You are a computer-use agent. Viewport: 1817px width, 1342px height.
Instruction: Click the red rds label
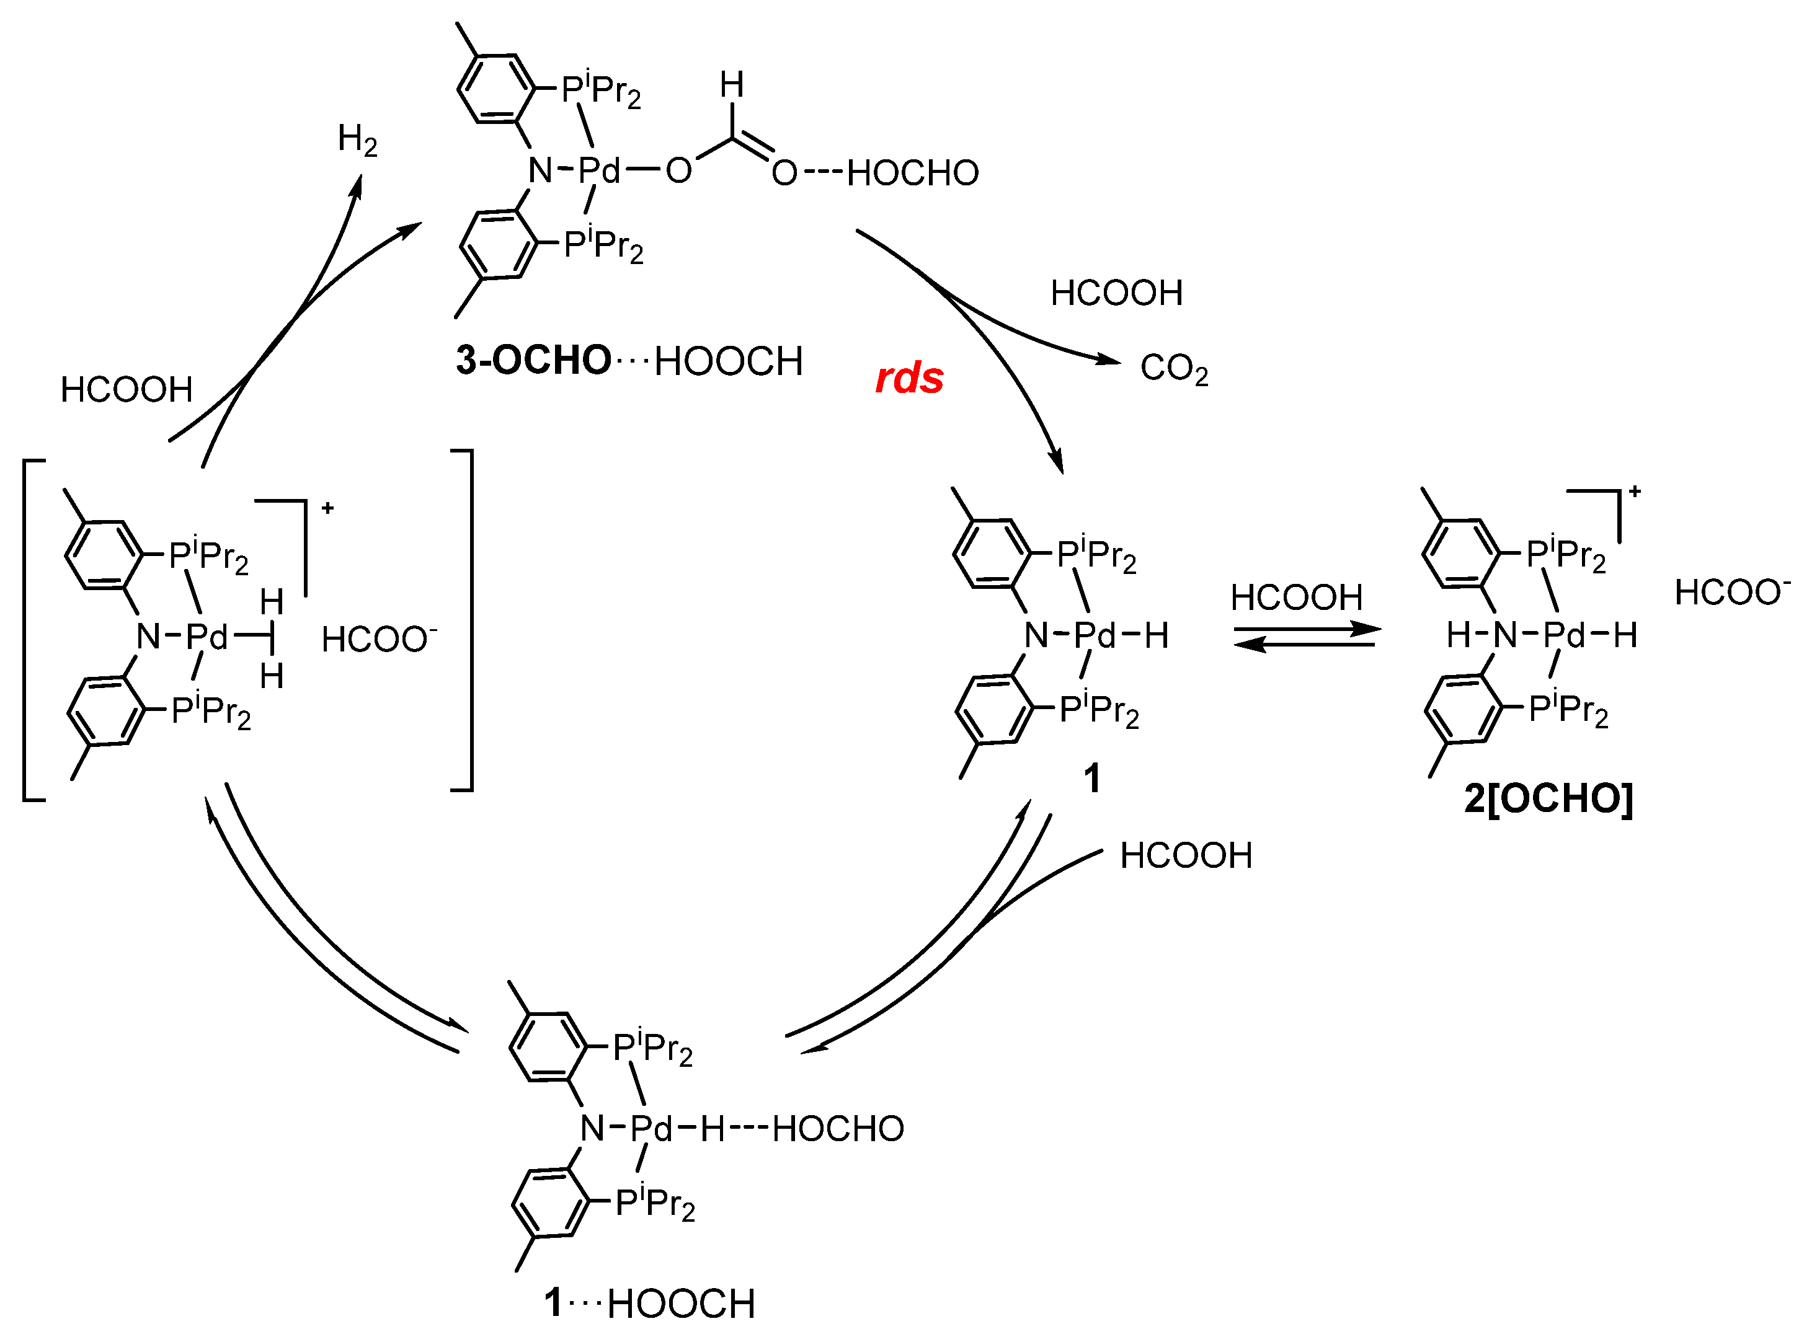click(909, 377)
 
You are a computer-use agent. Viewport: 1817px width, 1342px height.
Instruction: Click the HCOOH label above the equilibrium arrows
click(1296, 598)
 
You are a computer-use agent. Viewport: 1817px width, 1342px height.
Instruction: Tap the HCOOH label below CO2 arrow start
click(1116, 293)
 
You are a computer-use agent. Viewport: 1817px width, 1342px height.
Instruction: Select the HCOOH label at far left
click(126, 390)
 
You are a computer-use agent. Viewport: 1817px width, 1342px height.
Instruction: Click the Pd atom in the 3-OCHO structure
click(599, 170)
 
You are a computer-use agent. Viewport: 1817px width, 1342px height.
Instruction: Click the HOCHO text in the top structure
click(913, 173)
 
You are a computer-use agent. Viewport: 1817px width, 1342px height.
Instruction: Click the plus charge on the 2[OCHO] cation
click(1635, 492)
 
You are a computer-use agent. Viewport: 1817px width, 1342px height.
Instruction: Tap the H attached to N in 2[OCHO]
click(1459, 635)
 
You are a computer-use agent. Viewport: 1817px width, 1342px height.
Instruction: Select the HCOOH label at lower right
click(1186, 855)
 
